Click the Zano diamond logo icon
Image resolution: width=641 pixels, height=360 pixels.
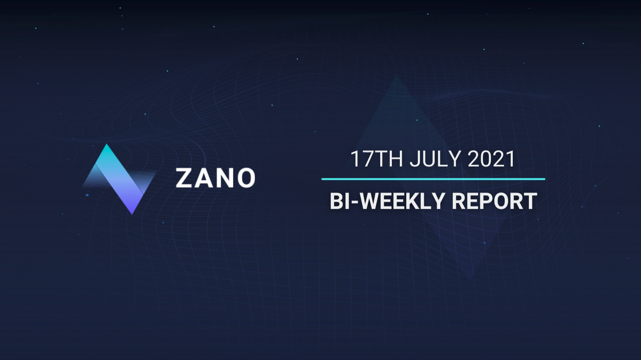(119, 179)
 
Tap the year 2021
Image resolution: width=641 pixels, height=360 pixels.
(491, 159)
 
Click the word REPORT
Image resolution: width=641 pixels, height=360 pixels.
(494, 201)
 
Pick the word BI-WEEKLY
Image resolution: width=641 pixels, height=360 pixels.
(388, 201)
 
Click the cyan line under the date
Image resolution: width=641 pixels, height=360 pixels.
(433, 179)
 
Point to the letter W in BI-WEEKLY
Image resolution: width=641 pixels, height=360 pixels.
(371, 201)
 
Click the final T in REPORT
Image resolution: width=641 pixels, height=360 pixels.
(530, 201)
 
